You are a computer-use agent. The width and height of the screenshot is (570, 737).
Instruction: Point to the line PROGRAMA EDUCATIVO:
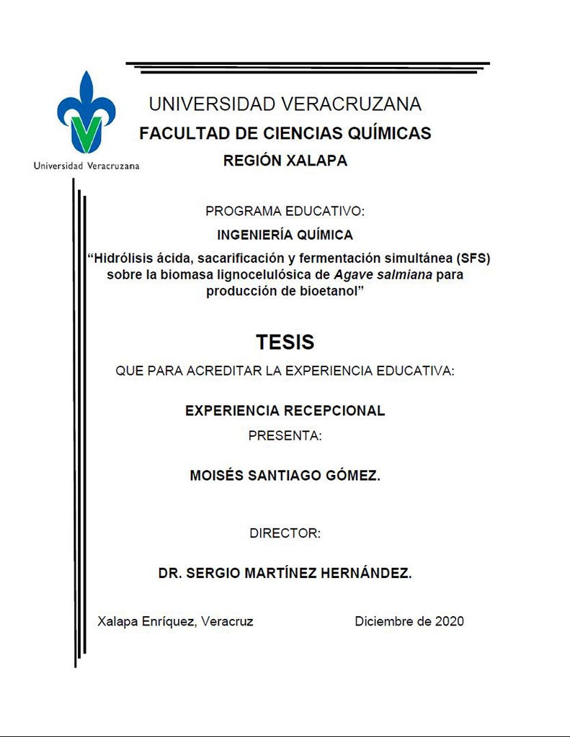point(285,212)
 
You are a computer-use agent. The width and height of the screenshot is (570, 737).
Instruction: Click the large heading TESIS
point(285,342)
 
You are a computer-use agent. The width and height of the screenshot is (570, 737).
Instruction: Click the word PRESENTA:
point(285,435)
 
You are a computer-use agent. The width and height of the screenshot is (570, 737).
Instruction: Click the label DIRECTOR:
point(285,533)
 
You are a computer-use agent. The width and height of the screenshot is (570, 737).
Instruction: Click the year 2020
point(449,621)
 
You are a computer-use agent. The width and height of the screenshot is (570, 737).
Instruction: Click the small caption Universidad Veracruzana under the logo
point(86,166)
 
